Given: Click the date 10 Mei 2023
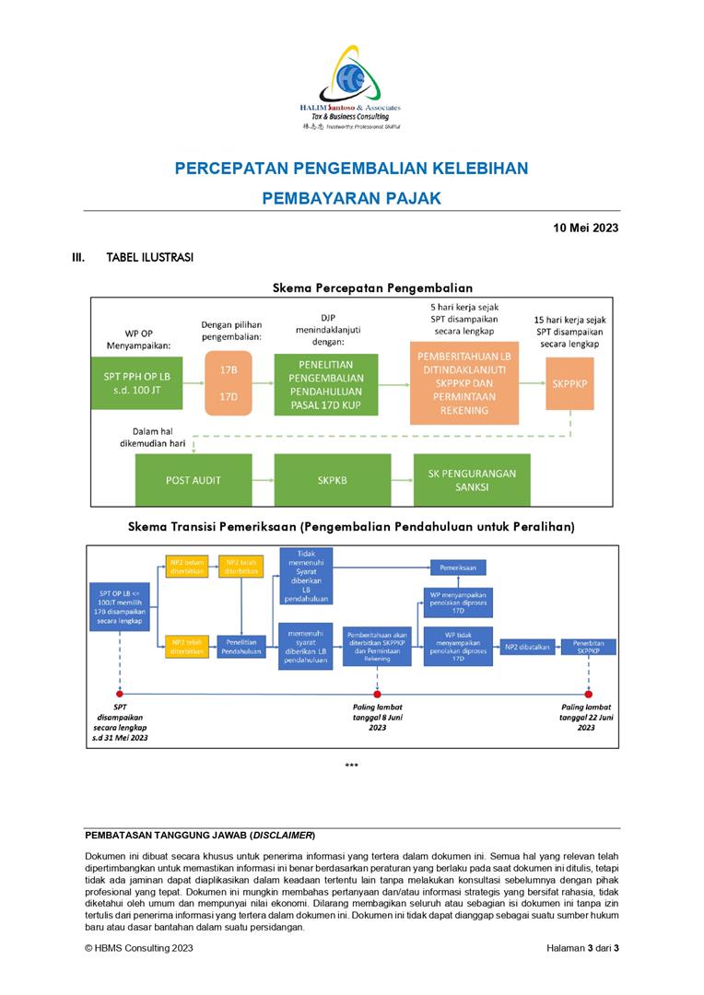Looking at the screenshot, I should tap(585, 228).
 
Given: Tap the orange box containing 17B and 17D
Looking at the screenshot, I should tap(227, 383).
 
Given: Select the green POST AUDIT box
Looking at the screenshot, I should tap(193, 480).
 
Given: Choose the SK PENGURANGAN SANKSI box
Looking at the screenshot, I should tap(472, 480).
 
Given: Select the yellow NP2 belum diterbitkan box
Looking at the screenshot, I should tap(187, 566).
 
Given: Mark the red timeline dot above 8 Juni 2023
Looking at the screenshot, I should tap(377, 693).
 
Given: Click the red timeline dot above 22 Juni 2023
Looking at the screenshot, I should tap(588, 693).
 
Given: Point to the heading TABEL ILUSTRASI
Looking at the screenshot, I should tap(149, 258).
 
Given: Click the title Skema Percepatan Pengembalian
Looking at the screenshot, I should tap(372, 287).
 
